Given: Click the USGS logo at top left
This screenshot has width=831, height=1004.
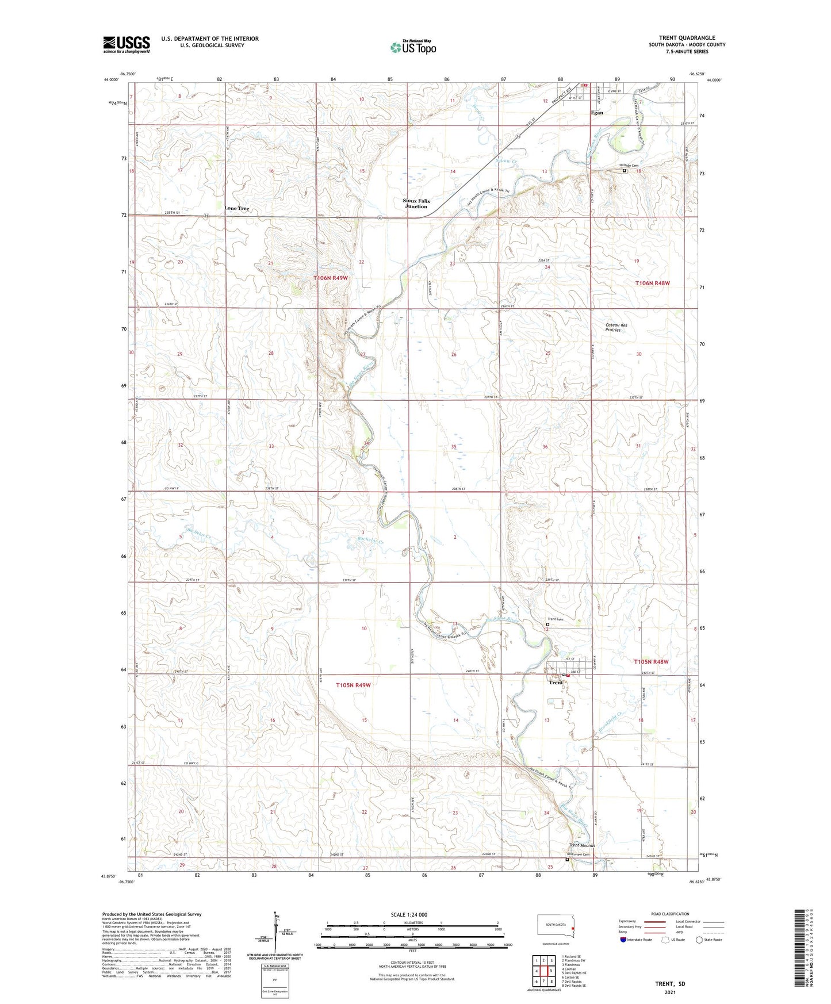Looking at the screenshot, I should pyautogui.click(x=127, y=44).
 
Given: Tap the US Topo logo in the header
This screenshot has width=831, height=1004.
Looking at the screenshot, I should pyautogui.click(x=412, y=47).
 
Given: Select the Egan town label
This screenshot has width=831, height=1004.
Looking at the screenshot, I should pyautogui.click(x=598, y=113).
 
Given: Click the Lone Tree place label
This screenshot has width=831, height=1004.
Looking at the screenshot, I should pyautogui.click(x=236, y=208).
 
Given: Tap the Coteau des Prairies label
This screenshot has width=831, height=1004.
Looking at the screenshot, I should pyautogui.click(x=616, y=327).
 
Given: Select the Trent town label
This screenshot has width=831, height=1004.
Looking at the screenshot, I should pyautogui.click(x=556, y=683).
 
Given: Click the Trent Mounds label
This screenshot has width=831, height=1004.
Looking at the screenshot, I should pyautogui.click(x=582, y=845).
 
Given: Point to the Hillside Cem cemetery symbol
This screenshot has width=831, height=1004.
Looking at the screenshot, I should pyautogui.click(x=625, y=170).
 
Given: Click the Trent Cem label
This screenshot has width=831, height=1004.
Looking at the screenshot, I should pyautogui.click(x=555, y=619).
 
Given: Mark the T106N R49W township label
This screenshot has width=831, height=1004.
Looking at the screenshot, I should pyautogui.click(x=331, y=278).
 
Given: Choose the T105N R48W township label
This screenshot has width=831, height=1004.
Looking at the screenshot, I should pyautogui.click(x=652, y=662).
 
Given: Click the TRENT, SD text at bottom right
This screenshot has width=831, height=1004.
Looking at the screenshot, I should pyautogui.click(x=670, y=984).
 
